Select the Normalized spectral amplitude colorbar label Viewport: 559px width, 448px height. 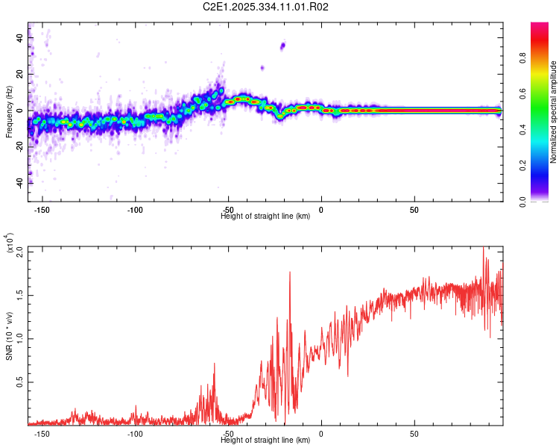pos(554,113)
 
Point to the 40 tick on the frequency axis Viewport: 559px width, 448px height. pos(21,39)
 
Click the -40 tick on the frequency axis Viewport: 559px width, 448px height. pos(19,182)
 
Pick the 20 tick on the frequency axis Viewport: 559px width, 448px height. pos(21,75)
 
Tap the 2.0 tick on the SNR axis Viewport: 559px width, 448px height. pos(19,252)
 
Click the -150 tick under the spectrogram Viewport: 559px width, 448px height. pos(42,210)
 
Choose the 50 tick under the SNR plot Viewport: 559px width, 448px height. pos(414,434)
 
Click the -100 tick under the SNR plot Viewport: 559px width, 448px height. pos(135,434)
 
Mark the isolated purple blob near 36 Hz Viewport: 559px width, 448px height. pos(282,46)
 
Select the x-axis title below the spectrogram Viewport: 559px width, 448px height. pos(265,217)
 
